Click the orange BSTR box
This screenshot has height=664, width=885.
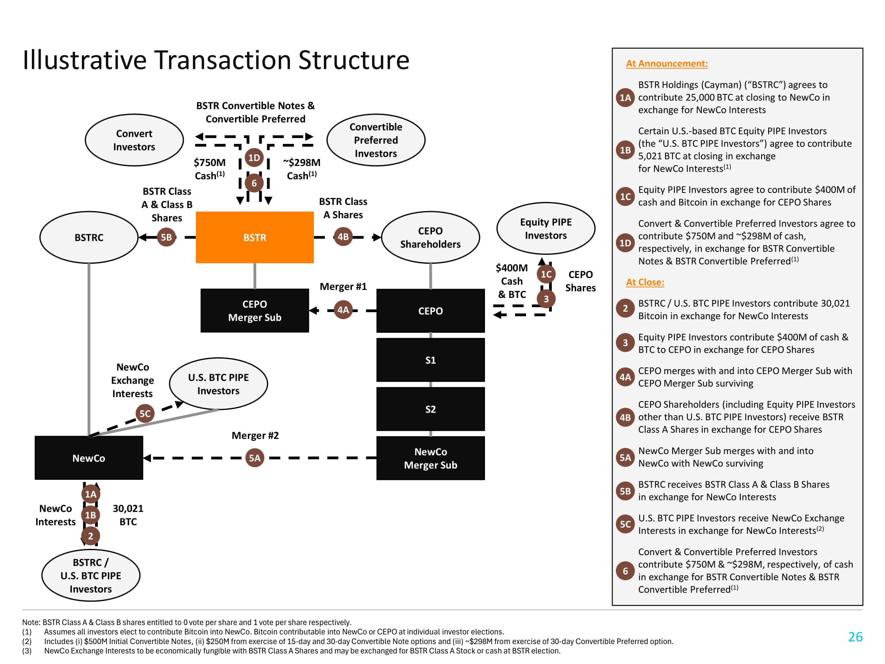point(254,237)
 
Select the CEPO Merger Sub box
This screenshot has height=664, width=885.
point(254,311)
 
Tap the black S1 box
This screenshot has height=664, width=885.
point(430,360)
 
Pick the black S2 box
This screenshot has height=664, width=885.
point(430,409)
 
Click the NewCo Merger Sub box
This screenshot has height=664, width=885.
point(430,458)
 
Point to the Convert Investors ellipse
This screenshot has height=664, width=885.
point(134,140)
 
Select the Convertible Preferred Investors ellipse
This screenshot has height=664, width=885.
point(376,140)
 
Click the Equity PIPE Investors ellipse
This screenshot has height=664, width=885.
point(546,228)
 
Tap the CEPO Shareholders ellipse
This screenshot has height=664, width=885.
point(430,237)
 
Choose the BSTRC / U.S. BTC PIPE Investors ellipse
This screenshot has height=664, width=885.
point(91,575)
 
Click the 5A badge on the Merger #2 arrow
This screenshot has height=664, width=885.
point(254,458)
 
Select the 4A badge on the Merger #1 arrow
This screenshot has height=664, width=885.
point(343,309)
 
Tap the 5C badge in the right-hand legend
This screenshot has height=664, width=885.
point(625,525)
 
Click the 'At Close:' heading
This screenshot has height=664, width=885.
point(645,282)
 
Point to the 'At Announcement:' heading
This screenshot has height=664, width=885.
point(666,64)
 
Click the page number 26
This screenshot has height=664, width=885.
point(855,637)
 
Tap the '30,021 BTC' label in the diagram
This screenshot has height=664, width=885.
point(128,515)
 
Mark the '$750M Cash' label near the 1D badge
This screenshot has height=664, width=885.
point(209,169)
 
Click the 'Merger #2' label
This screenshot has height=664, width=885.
point(255,436)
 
